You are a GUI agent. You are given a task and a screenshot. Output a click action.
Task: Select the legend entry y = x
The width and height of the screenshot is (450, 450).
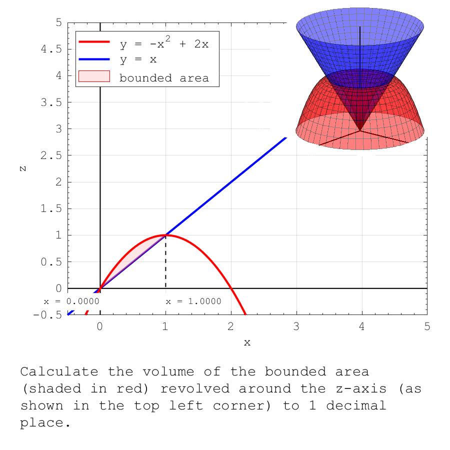point(138,59)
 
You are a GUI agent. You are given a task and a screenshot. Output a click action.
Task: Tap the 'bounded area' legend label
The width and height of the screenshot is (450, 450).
point(163,78)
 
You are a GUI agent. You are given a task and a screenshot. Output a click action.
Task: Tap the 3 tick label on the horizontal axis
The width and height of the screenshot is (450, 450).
point(296,327)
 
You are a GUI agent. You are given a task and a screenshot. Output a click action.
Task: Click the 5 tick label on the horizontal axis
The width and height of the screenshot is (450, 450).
point(427,327)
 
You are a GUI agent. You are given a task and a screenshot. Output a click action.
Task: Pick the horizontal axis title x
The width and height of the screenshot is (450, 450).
point(247,343)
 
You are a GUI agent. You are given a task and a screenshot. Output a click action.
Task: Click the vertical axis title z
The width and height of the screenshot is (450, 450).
point(23,168)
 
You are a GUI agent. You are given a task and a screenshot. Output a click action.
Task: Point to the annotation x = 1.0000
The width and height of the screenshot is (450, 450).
point(193,301)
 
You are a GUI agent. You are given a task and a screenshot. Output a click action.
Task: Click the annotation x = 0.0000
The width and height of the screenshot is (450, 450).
point(71,301)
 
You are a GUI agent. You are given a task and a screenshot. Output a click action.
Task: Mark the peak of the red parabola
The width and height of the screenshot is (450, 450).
point(165,235)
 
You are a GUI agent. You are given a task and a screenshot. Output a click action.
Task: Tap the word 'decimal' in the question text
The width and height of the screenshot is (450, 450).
point(356,405)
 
